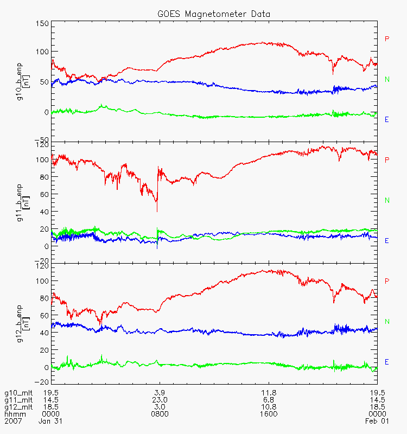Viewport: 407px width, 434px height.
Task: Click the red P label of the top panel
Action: coord(387,39)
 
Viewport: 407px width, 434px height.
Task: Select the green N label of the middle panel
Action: coord(387,200)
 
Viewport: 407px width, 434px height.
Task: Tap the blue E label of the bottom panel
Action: coord(387,361)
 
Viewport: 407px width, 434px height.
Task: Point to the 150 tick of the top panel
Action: coord(42,24)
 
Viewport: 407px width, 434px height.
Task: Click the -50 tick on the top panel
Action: coord(42,139)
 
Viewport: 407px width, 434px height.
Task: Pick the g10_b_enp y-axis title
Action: coord(19,82)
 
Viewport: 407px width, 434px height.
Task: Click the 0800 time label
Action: coord(160,414)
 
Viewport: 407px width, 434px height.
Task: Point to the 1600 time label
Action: coord(269,414)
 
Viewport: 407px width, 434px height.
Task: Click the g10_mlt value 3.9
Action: coord(160,393)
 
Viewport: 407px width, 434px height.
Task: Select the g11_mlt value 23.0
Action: coord(160,400)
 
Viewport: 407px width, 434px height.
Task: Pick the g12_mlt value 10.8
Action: coord(269,407)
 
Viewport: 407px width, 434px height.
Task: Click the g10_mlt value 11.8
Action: coord(269,393)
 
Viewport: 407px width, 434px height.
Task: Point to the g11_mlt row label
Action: coord(18,400)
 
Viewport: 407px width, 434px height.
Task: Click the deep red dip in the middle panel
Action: coord(157,209)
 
